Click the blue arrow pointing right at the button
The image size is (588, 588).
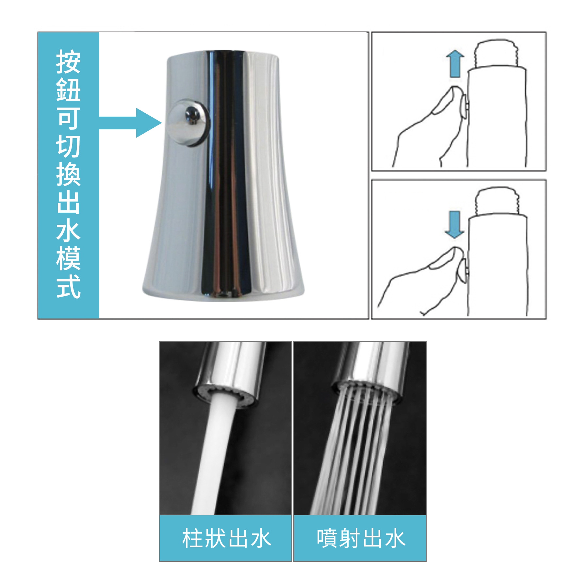131,123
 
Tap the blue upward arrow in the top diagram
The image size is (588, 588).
455,64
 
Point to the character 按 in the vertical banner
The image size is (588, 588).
69,62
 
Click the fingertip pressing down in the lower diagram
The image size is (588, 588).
456,253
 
